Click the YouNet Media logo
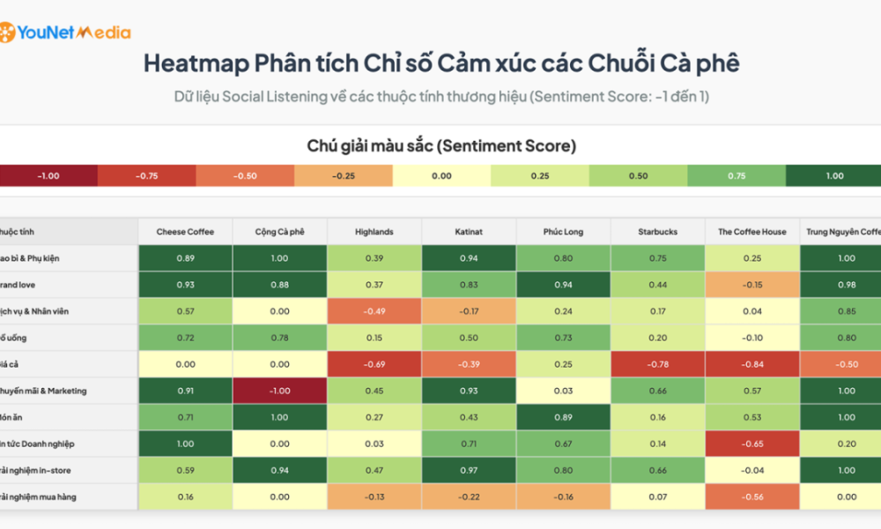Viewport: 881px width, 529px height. (x=65, y=33)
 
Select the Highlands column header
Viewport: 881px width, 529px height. (x=374, y=232)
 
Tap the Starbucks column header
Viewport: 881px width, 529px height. (x=657, y=232)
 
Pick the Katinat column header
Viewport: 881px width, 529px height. (x=469, y=232)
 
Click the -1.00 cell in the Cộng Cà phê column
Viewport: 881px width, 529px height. (x=279, y=391)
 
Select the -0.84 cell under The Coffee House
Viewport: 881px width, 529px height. (x=751, y=364)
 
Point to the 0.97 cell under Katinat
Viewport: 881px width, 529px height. (x=469, y=470)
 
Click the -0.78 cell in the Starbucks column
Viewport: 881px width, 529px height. (x=657, y=364)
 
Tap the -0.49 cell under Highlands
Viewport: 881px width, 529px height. (x=374, y=311)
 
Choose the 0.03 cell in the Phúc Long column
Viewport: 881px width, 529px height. (x=563, y=391)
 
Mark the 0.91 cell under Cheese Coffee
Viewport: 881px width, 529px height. (x=185, y=391)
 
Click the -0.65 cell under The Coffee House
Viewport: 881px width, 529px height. (x=751, y=443)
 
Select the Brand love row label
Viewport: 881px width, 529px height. (x=19, y=285)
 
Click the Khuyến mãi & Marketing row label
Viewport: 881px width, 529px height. (x=43, y=391)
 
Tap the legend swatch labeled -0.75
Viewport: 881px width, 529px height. (x=146, y=175)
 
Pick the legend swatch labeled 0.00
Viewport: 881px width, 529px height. (x=441, y=175)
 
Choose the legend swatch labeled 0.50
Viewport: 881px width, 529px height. (x=638, y=175)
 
